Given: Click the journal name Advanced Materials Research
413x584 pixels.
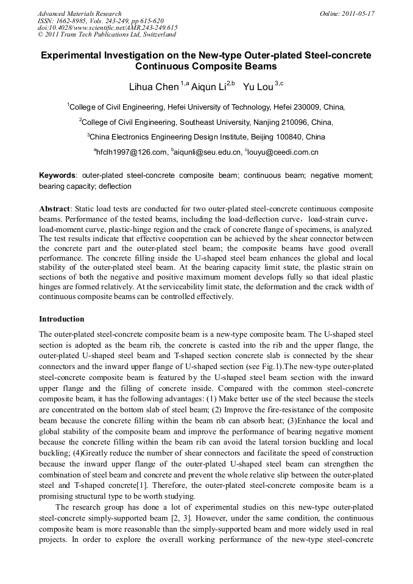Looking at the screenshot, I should click(79, 13).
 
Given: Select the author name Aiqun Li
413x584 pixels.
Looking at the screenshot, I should click(208, 87).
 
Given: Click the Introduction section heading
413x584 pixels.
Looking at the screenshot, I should click(62, 319).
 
